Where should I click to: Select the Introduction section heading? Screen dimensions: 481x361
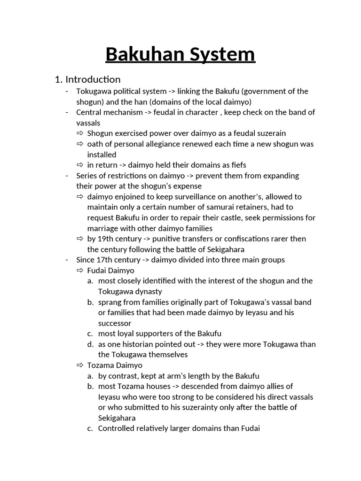point(93,79)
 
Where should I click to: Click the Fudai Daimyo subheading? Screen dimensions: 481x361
point(110,271)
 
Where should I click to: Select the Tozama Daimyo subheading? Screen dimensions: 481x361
point(115,365)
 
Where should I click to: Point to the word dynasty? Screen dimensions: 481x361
point(143,291)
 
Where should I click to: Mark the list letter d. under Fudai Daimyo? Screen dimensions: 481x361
point(90,344)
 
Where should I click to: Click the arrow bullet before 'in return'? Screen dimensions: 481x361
point(80,165)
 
